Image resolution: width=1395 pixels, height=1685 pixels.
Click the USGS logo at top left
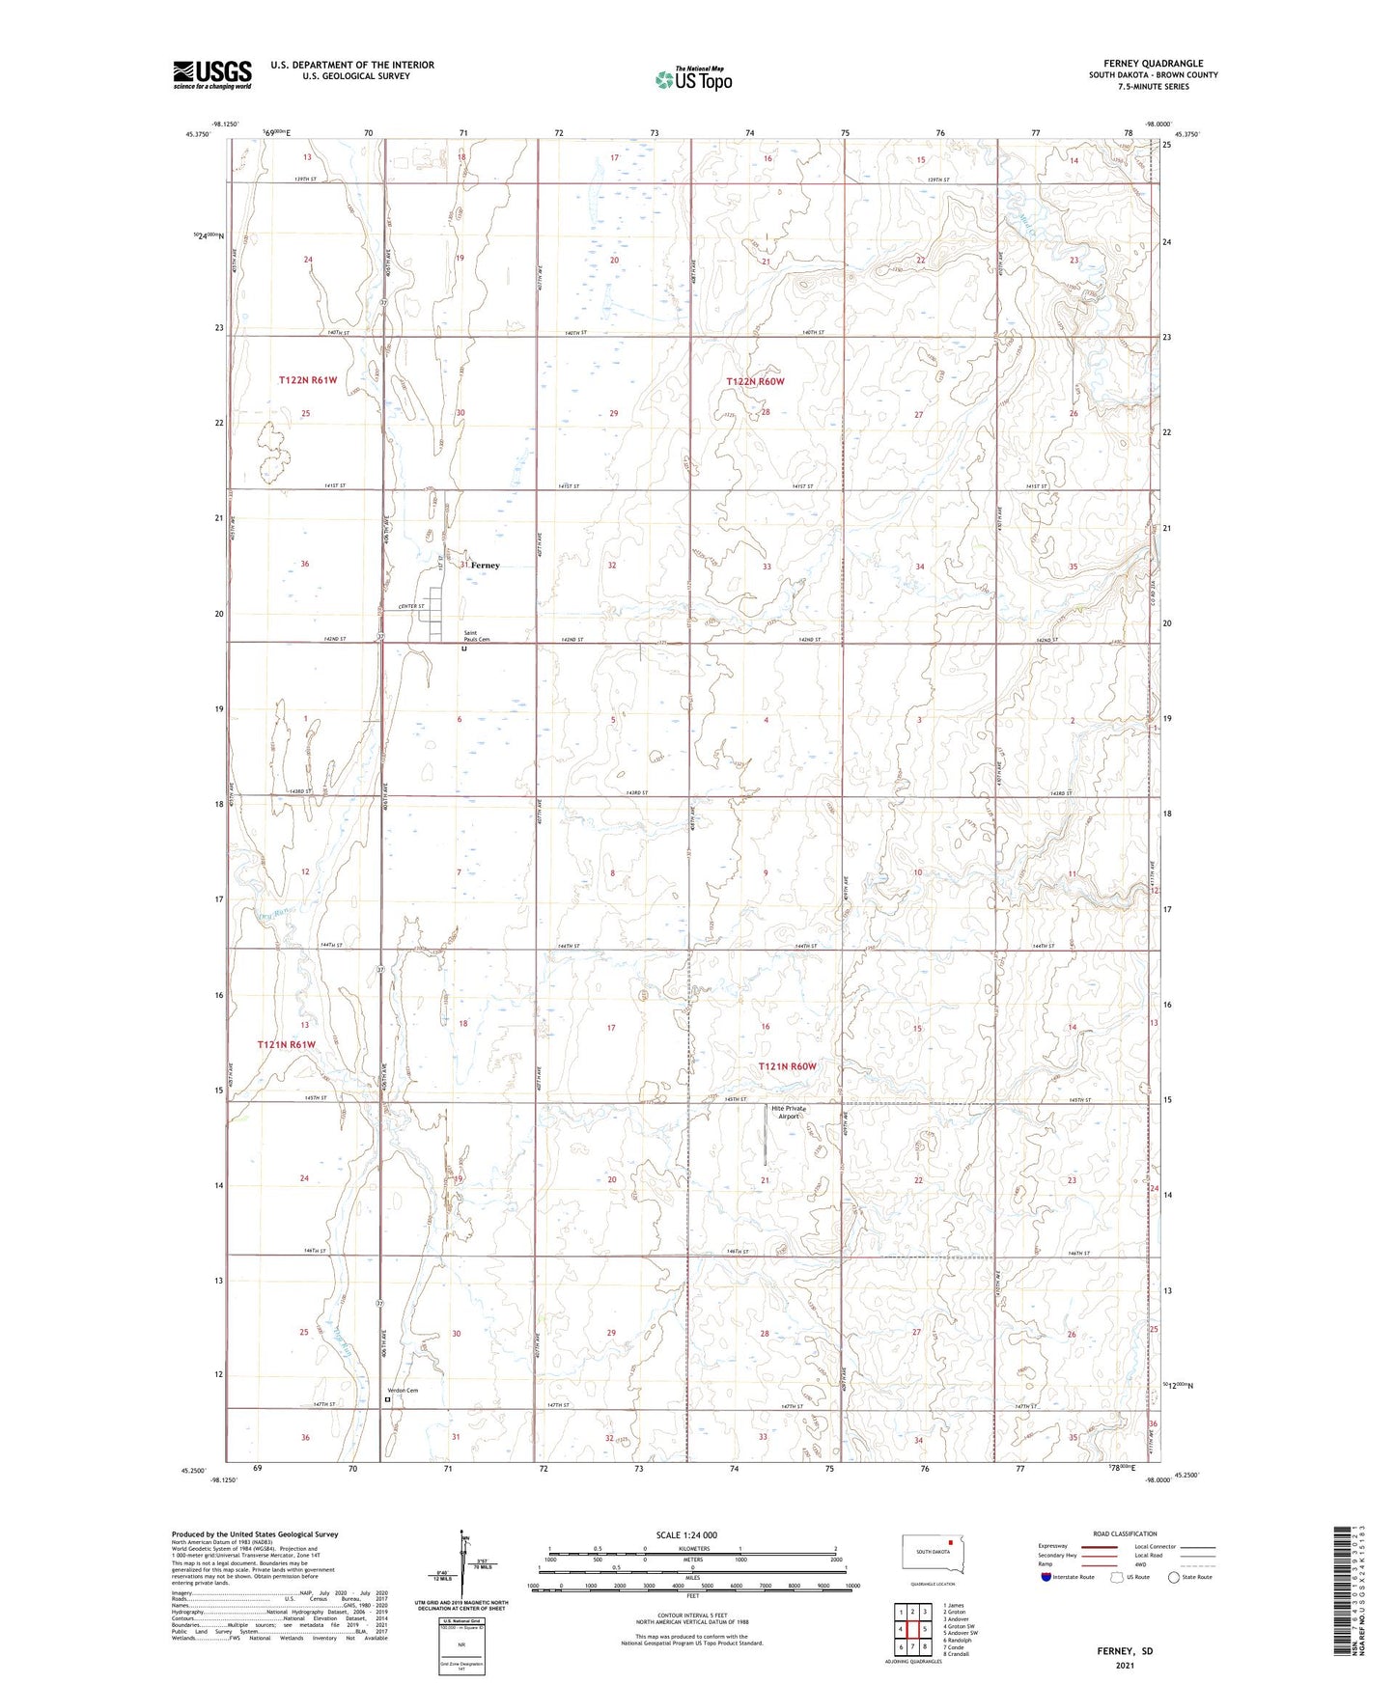[212, 73]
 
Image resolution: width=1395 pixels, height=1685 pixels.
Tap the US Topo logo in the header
[692, 79]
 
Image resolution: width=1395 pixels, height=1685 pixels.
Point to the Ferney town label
[486, 566]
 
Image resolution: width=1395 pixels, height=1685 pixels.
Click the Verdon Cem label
[405, 1390]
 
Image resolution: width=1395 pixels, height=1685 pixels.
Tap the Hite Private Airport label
[788, 1112]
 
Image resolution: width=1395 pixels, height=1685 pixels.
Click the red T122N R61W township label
[308, 380]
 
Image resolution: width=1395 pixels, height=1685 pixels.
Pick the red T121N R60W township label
[787, 1066]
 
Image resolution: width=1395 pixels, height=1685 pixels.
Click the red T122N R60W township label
[755, 382]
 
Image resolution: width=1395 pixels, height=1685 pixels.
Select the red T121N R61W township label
[286, 1044]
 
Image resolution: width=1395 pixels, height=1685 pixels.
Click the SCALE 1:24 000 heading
[686, 1535]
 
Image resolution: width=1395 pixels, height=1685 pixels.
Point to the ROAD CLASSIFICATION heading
[1125, 1533]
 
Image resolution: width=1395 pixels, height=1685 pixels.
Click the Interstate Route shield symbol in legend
[1046, 1577]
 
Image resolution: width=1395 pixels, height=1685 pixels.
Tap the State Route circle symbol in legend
[1174, 1577]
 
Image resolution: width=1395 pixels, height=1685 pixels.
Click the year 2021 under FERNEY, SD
[1125, 1665]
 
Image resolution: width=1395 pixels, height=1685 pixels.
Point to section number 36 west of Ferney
[304, 564]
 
